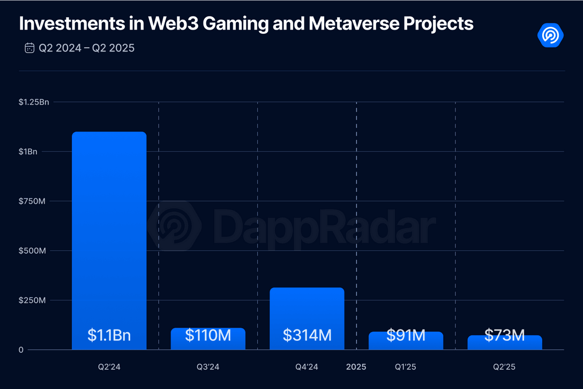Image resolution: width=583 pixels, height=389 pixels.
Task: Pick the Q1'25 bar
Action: click(406, 341)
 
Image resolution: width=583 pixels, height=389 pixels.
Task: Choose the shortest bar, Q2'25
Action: click(505, 343)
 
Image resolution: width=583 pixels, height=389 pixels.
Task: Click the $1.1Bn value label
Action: click(109, 336)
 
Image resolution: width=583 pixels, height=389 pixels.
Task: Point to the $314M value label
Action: click(307, 336)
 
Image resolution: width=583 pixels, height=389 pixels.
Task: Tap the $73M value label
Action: click(505, 335)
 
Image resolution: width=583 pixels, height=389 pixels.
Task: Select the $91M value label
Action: click(406, 336)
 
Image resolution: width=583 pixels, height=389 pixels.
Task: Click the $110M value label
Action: click(208, 336)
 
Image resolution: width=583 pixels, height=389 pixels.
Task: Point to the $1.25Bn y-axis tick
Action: click(34, 102)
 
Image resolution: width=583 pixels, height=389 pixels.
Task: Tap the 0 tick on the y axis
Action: click(21, 350)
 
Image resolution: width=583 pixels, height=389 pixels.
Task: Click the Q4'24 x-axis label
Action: click(307, 367)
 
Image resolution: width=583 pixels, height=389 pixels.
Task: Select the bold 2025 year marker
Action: click(356, 367)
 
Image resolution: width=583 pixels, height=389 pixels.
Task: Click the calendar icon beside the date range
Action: click(29, 48)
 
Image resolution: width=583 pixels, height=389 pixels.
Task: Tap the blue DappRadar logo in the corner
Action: click(550, 35)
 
